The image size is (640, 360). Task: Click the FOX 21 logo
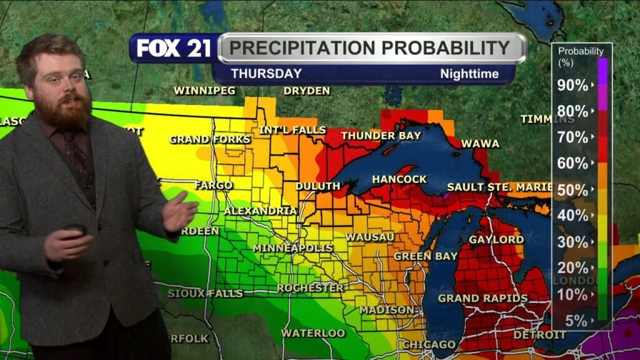click(174, 48)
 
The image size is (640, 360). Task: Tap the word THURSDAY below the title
click(266, 74)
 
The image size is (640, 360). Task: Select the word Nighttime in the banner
click(469, 74)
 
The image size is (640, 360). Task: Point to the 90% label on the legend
click(572, 85)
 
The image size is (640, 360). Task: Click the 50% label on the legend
click(572, 190)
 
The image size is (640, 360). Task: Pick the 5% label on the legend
click(576, 321)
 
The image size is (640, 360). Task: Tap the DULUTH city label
click(317, 186)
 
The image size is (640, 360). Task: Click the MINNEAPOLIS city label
click(292, 248)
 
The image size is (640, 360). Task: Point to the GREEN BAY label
click(421, 256)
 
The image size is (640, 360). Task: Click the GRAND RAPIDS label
click(482, 298)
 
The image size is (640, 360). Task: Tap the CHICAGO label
click(429, 344)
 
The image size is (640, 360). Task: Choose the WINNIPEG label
click(204, 91)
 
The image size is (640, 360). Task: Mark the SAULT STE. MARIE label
click(499, 187)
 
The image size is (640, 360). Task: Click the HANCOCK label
click(399, 179)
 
